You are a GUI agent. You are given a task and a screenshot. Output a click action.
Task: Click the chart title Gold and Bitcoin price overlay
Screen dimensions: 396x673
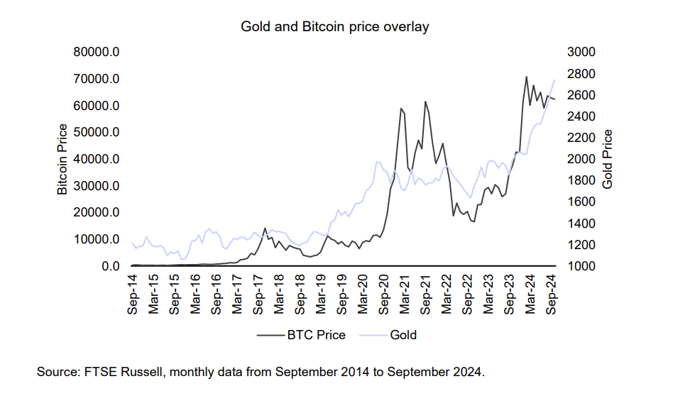point(335,27)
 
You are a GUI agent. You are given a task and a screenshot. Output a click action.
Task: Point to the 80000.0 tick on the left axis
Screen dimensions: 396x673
point(98,52)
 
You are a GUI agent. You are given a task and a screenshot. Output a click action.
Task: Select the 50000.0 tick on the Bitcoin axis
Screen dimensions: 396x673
point(98,133)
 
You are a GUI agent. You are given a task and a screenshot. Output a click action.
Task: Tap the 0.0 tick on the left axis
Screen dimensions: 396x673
point(107,266)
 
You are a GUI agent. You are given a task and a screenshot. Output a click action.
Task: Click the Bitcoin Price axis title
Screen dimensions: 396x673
point(62,159)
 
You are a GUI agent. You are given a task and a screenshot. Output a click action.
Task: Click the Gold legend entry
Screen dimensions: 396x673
point(403,334)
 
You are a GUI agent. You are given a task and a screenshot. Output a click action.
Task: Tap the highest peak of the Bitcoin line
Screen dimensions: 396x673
point(526,77)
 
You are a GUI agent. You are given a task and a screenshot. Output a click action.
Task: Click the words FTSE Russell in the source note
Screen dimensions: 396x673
point(121,372)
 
